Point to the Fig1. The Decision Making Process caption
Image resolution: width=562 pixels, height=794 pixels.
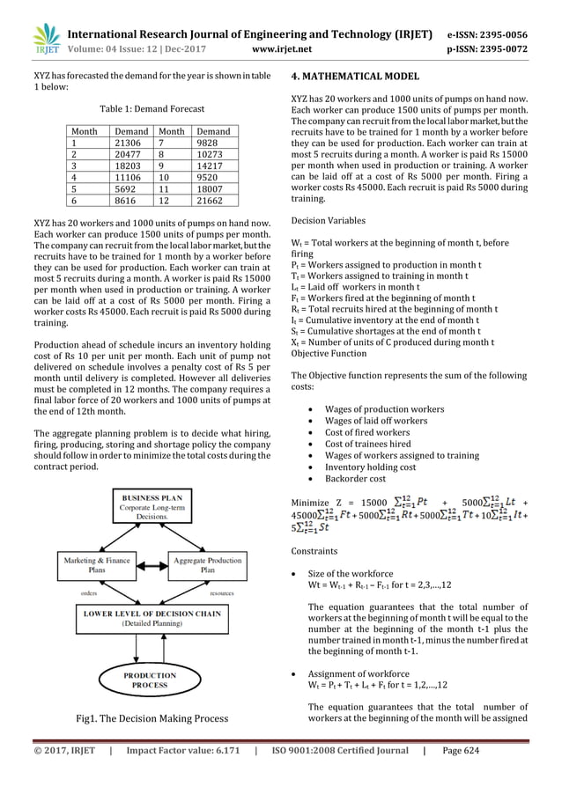click(x=152, y=719)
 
